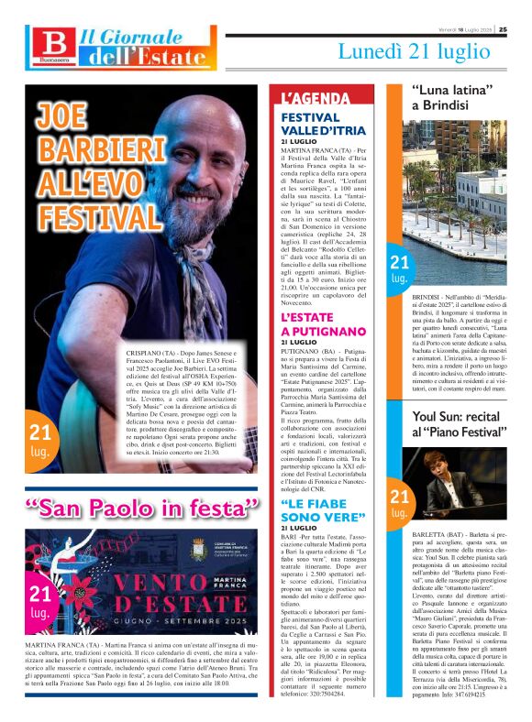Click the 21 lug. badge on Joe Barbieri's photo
(41, 440)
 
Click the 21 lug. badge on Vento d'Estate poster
(40, 602)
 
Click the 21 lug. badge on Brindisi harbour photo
(399, 269)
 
